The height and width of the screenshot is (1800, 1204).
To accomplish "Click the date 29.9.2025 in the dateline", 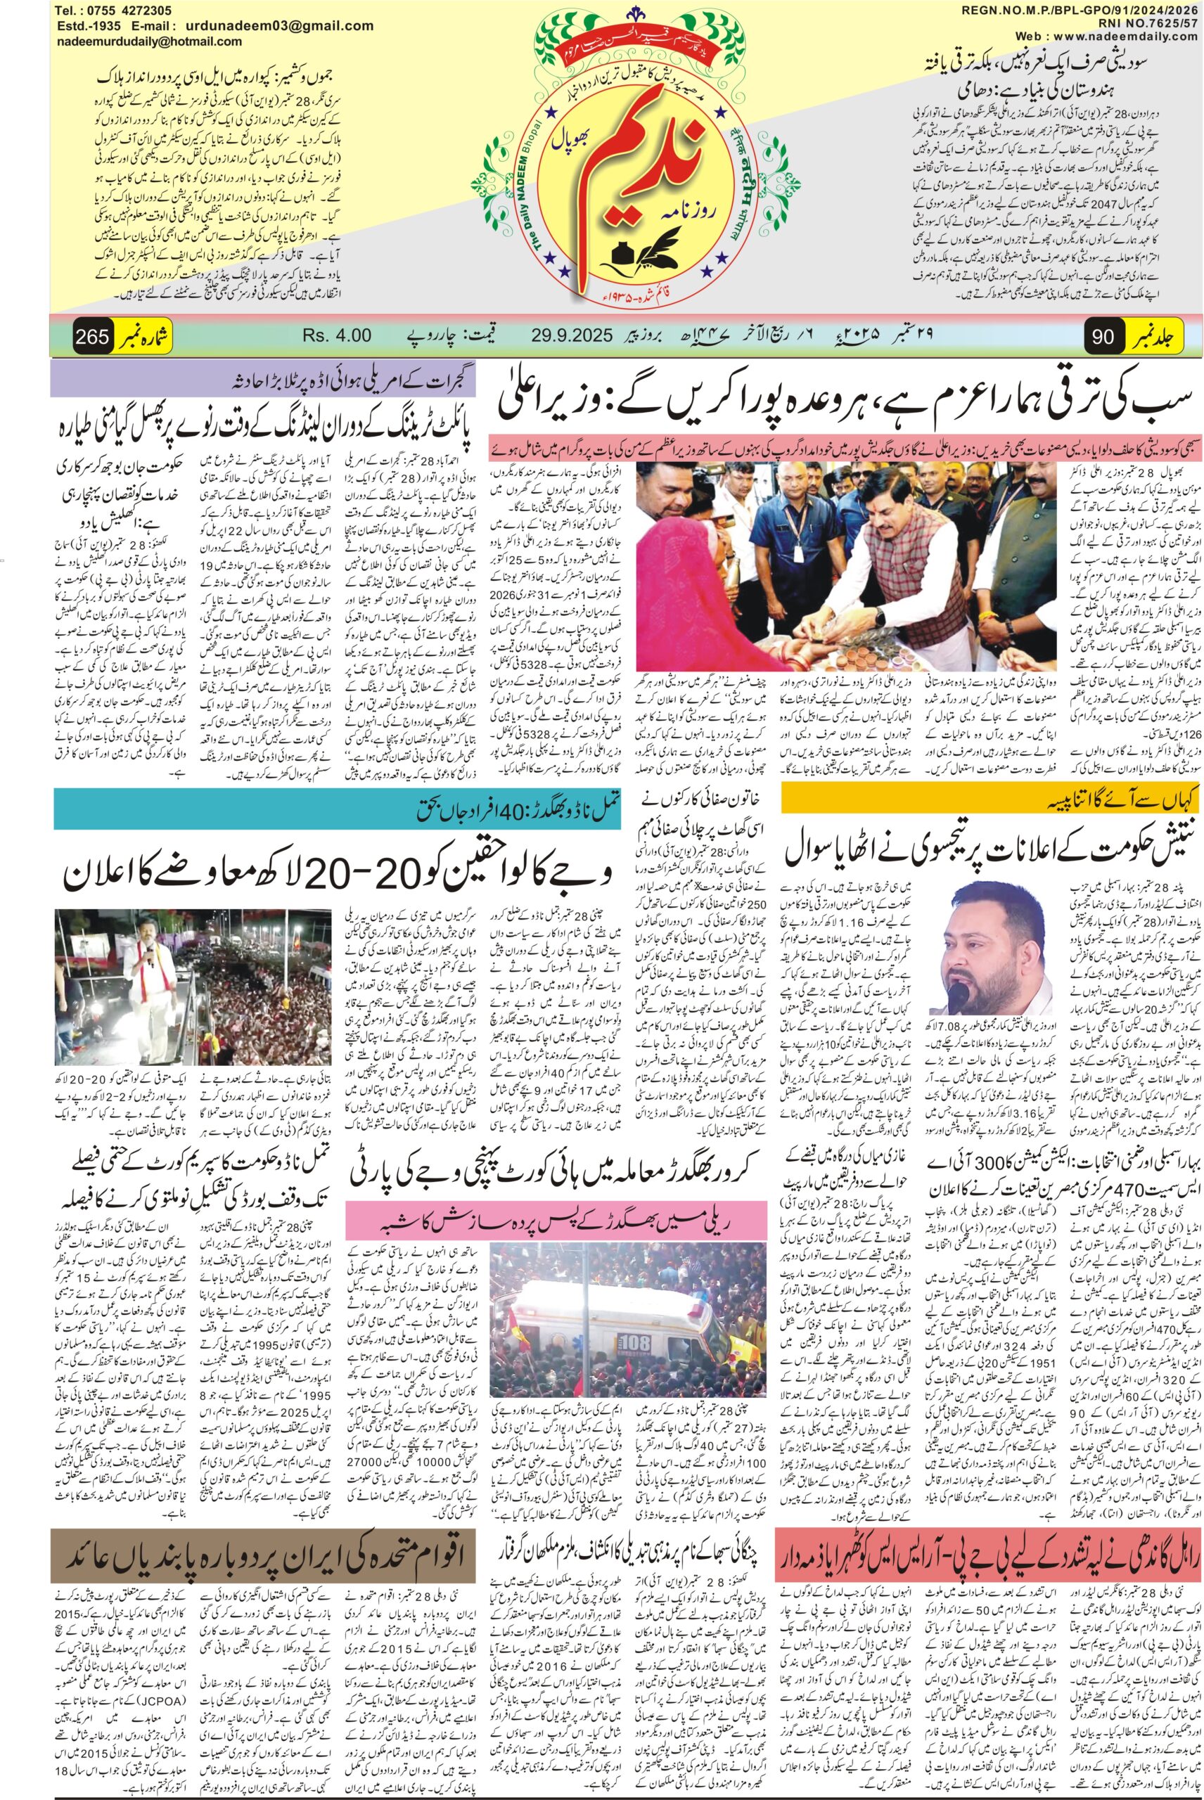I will pyautogui.click(x=568, y=335).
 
